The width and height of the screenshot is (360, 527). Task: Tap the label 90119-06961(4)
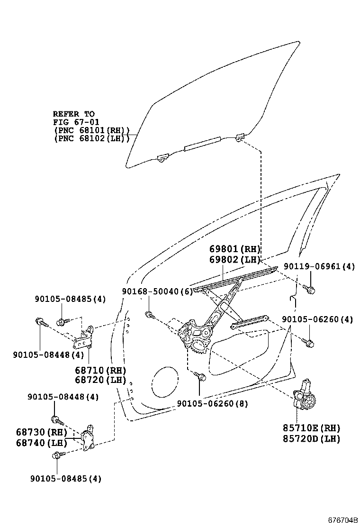(x=319, y=267)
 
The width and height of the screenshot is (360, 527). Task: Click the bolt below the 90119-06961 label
(x=311, y=289)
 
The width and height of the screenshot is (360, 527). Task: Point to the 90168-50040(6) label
(x=157, y=292)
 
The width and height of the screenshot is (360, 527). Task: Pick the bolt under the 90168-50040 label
(x=149, y=314)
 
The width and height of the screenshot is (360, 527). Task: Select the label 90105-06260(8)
(x=212, y=403)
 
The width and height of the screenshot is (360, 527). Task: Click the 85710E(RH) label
(x=312, y=428)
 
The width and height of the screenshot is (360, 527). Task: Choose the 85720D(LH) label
(x=312, y=439)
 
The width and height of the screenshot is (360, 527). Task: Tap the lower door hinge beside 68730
(x=88, y=438)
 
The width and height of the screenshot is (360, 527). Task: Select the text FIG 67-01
(x=73, y=122)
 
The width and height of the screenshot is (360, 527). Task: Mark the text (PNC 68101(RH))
(x=91, y=130)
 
